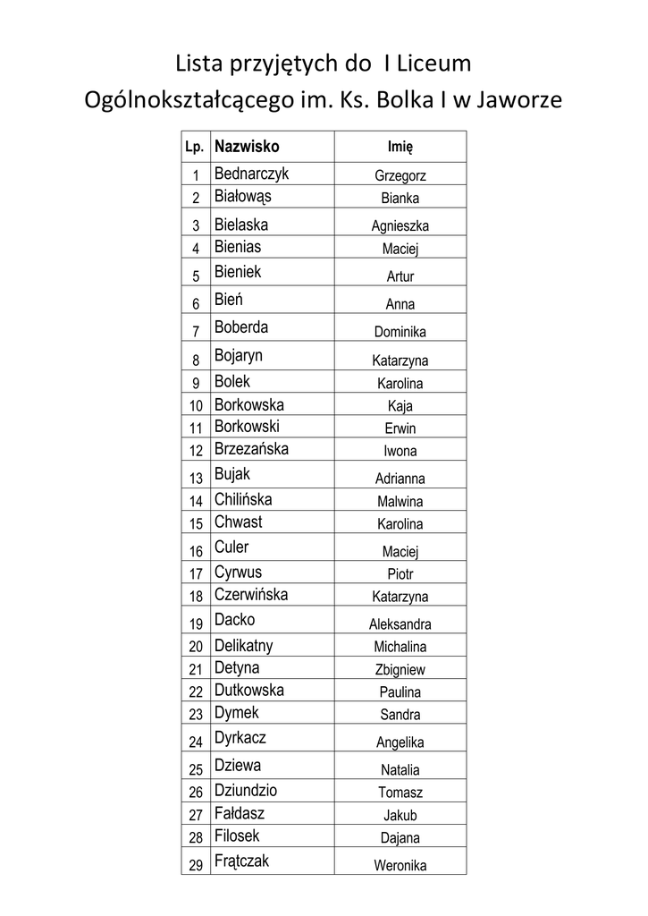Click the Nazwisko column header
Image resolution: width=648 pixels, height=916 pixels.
pyautogui.click(x=247, y=146)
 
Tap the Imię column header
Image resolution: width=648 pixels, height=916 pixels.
pyautogui.click(x=400, y=147)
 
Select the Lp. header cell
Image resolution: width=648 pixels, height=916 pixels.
pyautogui.click(x=195, y=147)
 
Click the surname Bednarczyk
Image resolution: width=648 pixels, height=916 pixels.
pyautogui.click(x=251, y=174)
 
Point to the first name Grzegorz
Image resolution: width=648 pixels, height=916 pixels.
pyautogui.click(x=400, y=176)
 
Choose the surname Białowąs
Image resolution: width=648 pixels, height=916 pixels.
pyautogui.click(x=242, y=196)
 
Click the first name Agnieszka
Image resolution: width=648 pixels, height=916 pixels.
pyautogui.click(x=400, y=226)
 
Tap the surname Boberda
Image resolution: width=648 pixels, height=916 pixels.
pyautogui.click(x=241, y=327)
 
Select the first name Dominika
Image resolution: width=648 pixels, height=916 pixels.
pyautogui.click(x=400, y=332)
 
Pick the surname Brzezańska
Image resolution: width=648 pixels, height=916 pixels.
pyautogui.click(x=251, y=449)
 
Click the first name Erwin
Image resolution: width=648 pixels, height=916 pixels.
pyautogui.click(x=400, y=428)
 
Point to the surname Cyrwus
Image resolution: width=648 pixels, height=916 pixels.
pyautogui.click(x=238, y=572)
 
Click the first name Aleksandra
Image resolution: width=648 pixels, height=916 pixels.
pyautogui.click(x=400, y=624)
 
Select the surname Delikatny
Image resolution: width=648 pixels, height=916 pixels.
pyautogui.click(x=243, y=645)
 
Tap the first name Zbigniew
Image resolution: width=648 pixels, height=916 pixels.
pyautogui.click(x=400, y=669)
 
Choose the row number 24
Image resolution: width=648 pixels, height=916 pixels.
pyautogui.click(x=196, y=742)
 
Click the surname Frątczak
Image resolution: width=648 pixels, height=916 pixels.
pyautogui.click(x=241, y=861)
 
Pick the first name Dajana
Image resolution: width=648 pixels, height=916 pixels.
pyautogui.click(x=400, y=838)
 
